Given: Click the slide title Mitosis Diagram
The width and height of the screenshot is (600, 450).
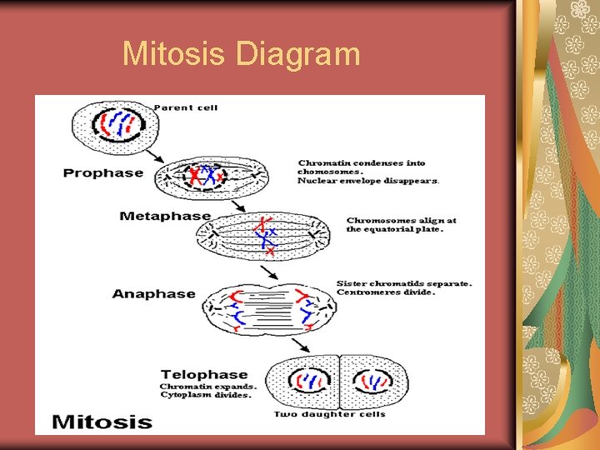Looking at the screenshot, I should [241, 54].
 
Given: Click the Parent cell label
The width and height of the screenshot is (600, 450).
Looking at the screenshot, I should [185, 107].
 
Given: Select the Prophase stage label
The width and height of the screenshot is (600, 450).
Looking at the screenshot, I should [103, 173].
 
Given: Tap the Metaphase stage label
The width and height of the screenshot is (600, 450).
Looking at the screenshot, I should [165, 216].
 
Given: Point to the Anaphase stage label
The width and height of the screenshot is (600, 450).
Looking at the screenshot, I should [153, 294].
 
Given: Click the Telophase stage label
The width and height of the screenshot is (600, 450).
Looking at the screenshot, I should [204, 375].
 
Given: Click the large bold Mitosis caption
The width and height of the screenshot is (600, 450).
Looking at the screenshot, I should [102, 421].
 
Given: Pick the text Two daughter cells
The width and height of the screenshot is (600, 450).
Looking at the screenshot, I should [329, 414].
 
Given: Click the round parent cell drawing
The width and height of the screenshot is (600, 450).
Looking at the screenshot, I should [113, 125].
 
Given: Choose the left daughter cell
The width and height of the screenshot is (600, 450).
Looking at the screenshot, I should [306, 382].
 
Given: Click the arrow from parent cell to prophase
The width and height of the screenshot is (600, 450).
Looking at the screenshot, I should [155, 155].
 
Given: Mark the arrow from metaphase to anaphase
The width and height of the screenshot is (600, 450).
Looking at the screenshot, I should [270, 272].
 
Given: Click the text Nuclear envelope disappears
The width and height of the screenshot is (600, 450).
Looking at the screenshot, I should [368, 181].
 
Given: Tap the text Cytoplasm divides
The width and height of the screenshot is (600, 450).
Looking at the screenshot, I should [205, 395].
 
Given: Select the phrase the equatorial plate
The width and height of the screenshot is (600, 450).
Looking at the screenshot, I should [394, 229].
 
